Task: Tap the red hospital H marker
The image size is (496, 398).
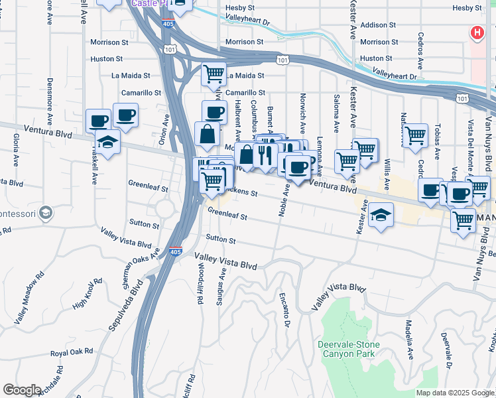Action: tap(476, 33)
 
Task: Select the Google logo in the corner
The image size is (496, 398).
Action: tap(22, 390)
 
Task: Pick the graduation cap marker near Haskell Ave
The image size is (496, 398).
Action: tap(107, 141)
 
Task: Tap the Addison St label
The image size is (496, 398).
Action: tap(379, 25)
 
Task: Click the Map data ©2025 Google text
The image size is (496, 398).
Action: tap(454, 393)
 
